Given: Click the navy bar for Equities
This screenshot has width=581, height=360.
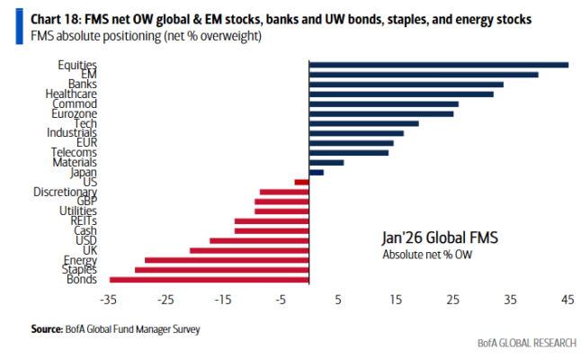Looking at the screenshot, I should [x=438, y=65].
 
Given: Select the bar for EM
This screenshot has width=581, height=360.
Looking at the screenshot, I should [x=424, y=75].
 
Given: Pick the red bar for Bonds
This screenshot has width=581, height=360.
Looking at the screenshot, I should [x=209, y=280].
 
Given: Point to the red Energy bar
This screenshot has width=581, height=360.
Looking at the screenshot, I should [x=227, y=260].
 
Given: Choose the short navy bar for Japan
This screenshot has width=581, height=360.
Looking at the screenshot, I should [x=316, y=172].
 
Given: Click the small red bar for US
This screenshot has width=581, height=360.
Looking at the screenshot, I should [x=301, y=182].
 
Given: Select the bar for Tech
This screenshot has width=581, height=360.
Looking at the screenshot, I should [x=363, y=123].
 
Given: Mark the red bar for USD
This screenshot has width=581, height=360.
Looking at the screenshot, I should [x=259, y=240].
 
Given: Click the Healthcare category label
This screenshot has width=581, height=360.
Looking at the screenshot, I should [x=71, y=94].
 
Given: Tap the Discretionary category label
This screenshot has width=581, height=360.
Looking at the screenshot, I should [x=65, y=192].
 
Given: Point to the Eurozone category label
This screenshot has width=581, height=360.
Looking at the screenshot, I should [x=75, y=113].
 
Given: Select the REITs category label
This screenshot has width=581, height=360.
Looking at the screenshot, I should [x=83, y=220].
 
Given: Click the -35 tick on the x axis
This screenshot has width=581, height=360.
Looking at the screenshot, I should [x=110, y=300].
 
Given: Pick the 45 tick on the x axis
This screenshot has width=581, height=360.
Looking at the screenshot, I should [x=568, y=300].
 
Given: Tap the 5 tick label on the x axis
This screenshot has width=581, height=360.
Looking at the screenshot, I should [x=338, y=300].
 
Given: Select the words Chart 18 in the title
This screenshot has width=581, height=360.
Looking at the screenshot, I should [x=52, y=19].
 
